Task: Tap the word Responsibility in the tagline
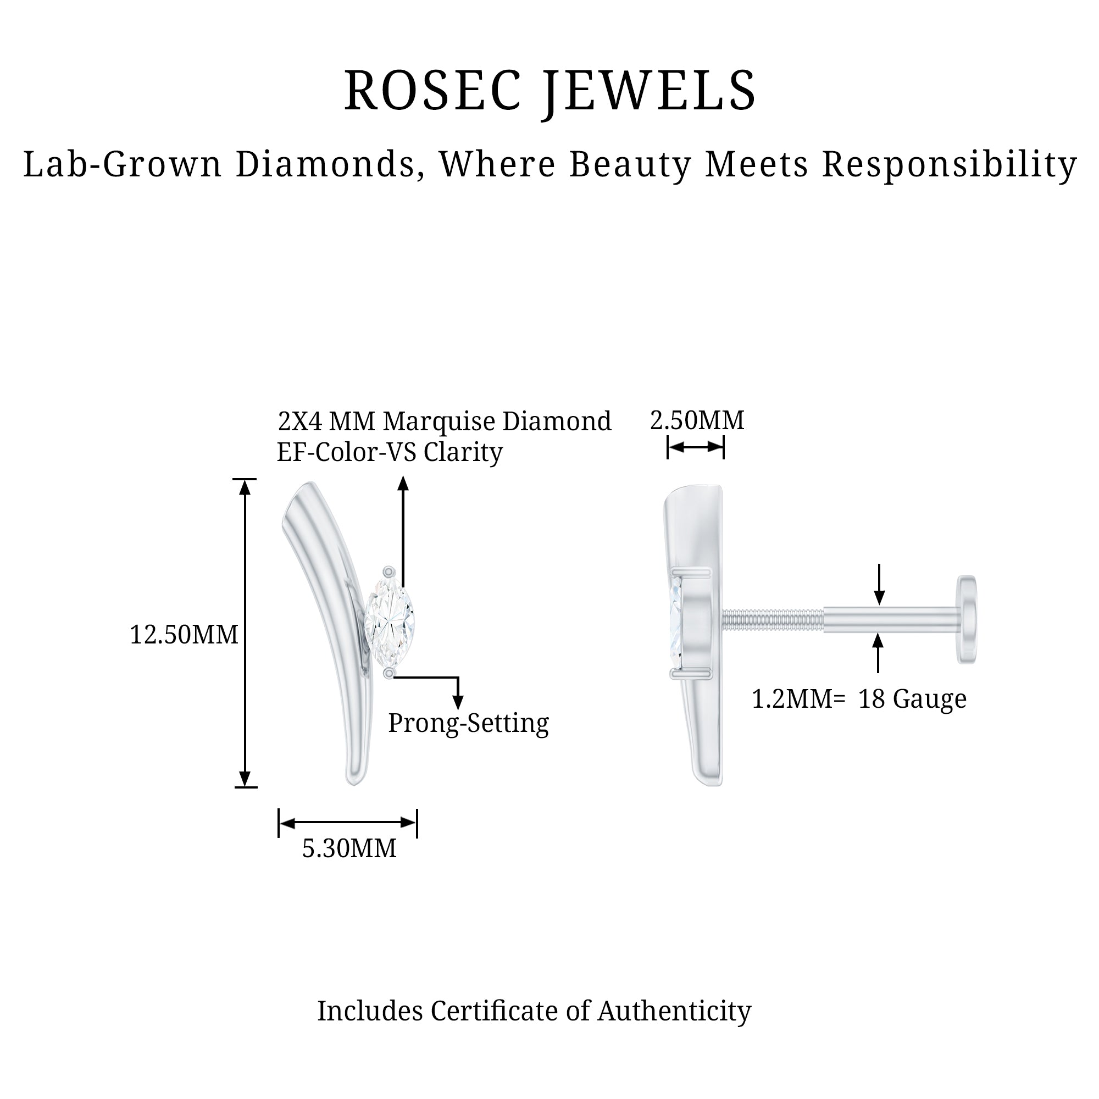click(x=950, y=165)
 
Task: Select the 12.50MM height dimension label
click(x=184, y=634)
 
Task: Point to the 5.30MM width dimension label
click(x=349, y=848)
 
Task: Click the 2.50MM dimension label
click(x=697, y=420)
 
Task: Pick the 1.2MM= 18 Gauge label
click(x=859, y=698)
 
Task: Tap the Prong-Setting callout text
click(x=469, y=724)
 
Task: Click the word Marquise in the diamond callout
click(x=439, y=421)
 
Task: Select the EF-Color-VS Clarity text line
click(x=390, y=452)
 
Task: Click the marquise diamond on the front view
click(x=390, y=623)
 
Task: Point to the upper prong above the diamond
click(x=388, y=571)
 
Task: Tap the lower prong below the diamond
click(x=388, y=674)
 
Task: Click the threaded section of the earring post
click(x=773, y=619)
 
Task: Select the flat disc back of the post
click(x=967, y=619)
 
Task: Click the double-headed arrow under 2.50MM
click(x=696, y=447)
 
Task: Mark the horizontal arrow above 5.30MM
click(x=348, y=823)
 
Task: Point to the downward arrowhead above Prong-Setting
click(x=457, y=702)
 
